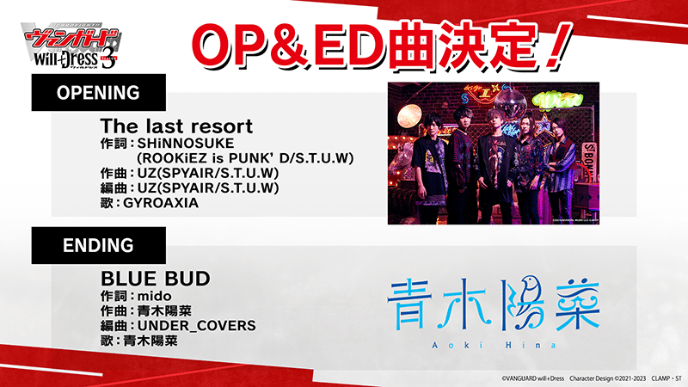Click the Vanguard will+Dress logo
coord(71,46)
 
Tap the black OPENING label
coord(98,92)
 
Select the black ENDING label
coord(98,245)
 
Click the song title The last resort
coord(176,126)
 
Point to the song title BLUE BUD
coord(156,279)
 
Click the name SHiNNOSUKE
coord(186,144)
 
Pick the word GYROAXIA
coord(161,203)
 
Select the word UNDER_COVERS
coord(197,326)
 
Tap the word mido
coord(155,296)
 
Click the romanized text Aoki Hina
coord(494,346)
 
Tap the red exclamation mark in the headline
coord(557,46)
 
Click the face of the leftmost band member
coord(432,126)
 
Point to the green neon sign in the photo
coord(556,101)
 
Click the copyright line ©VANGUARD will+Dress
coord(532,378)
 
